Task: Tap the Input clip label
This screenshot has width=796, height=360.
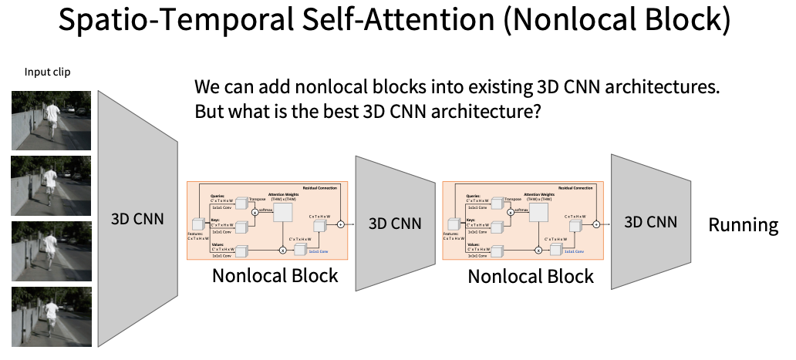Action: pyautogui.click(x=48, y=72)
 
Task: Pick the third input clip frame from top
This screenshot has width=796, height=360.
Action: pyautogui.click(x=51, y=251)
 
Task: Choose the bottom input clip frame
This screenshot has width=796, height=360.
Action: pyautogui.click(x=51, y=316)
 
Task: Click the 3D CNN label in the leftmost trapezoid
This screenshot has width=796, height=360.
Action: pyautogui.click(x=138, y=218)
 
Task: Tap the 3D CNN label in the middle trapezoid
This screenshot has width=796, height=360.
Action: pyautogui.click(x=395, y=224)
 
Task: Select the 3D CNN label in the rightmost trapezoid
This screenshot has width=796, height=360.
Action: pyautogui.click(x=650, y=222)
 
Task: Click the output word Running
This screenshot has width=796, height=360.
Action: pyautogui.click(x=744, y=224)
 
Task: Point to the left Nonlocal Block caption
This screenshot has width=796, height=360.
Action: pyautogui.click(x=275, y=275)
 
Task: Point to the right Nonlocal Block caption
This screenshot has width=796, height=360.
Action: pyautogui.click(x=531, y=276)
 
